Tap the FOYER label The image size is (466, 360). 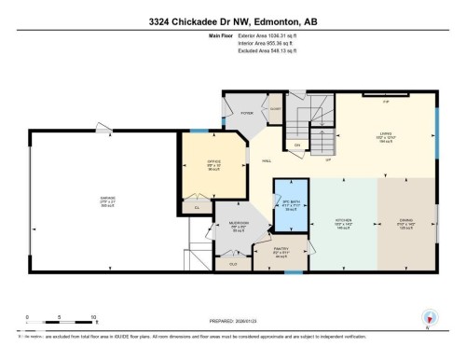click(247, 112)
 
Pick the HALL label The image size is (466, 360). click(267, 159)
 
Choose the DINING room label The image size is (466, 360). click(404, 221)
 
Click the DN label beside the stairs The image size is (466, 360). click(297, 145)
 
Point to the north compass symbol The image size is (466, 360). click(430, 318)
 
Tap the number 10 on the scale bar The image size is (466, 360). click(93, 316)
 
